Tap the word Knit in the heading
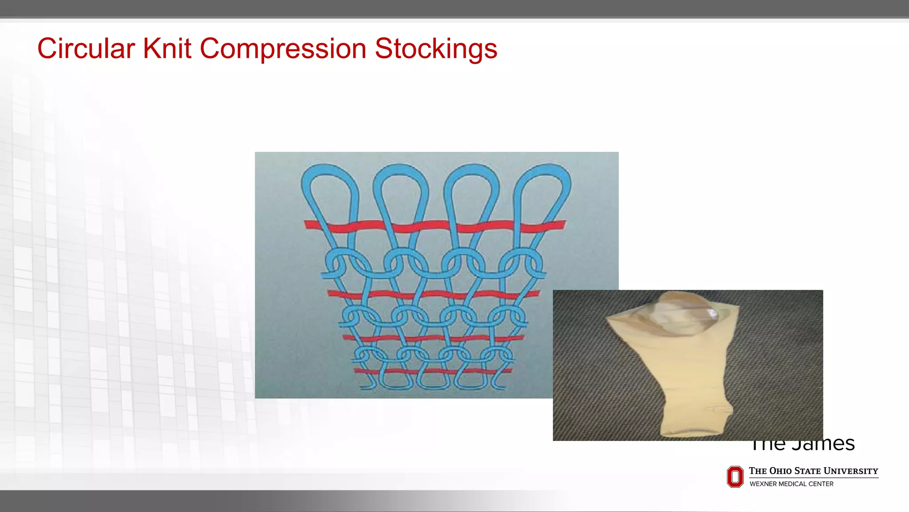(167, 48)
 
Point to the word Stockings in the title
(436, 49)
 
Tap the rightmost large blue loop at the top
(542, 187)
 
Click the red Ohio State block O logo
(735, 476)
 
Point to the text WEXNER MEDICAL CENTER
(791, 484)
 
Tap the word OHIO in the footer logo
(780, 471)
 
